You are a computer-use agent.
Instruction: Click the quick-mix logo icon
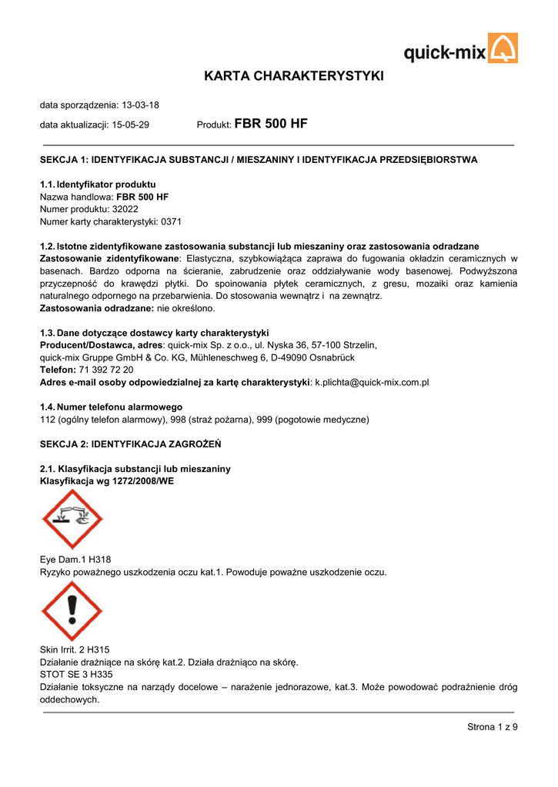click(503, 48)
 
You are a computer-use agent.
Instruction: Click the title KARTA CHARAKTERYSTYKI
click(293, 76)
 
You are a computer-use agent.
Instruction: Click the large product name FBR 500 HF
click(270, 123)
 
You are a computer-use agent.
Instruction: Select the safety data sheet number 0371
click(171, 221)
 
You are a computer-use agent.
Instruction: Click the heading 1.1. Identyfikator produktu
click(98, 185)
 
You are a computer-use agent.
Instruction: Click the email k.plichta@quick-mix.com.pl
click(372, 382)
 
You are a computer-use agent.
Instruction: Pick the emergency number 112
click(47, 420)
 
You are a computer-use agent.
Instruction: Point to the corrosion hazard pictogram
click(72, 519)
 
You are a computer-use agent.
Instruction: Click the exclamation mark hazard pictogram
click(72, 611)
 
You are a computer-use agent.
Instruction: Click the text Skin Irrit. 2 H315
click(75, 649)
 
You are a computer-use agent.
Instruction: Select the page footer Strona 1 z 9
click(493, 728)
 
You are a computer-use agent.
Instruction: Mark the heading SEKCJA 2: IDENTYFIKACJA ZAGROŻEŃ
click(130, 444)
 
